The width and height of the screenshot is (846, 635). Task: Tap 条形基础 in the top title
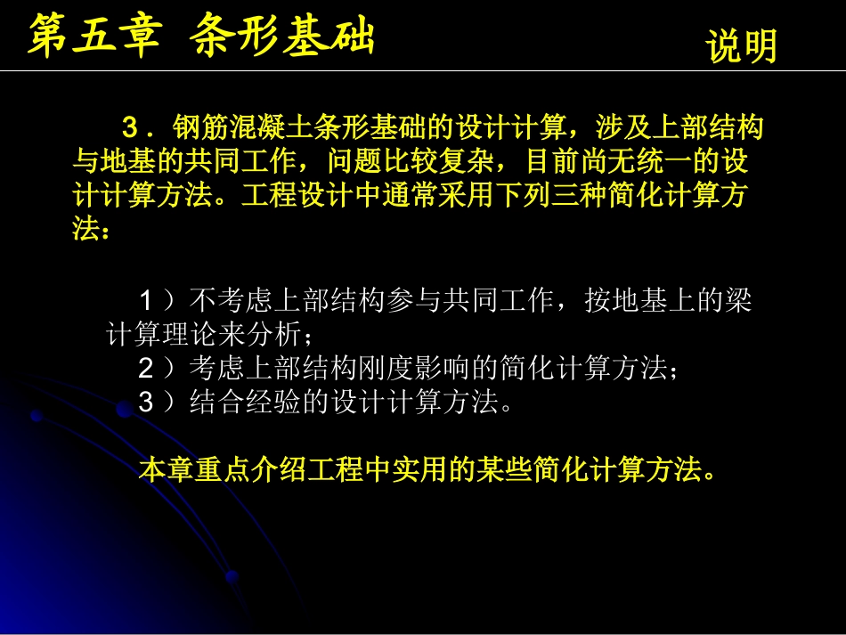click(x=283, y=37)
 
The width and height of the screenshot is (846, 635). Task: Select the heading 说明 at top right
click(x=742, y=46)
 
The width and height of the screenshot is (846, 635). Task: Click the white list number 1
click(x=146, y=300)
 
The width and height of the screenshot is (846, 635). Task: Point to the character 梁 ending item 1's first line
click(x=738, y=300)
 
